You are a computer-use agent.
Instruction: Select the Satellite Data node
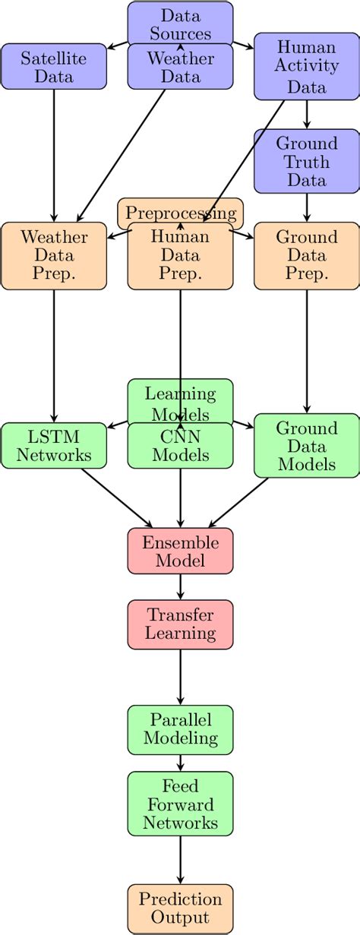tap(54, 67)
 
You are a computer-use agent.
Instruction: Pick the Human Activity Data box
tap(306, 67)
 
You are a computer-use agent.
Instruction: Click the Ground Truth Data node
tap(306, 161)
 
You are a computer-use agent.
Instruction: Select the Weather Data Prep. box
tap(54, 256)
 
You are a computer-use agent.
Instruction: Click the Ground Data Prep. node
tap(306, 256)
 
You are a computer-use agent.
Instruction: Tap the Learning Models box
tap(180, 399)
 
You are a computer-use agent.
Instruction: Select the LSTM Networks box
tap(54, 445)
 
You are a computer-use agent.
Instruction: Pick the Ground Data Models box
tap(306, 445)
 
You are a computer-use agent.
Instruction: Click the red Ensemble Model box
tap(180, 551)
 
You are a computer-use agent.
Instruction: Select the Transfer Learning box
tap(180, 624)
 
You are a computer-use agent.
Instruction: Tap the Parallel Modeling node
tap(180, 728)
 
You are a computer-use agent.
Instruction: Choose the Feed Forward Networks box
tap(180, 804)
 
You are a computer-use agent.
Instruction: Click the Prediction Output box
tap(180, 908)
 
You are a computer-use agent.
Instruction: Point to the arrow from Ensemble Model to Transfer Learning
tap(180, 586)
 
